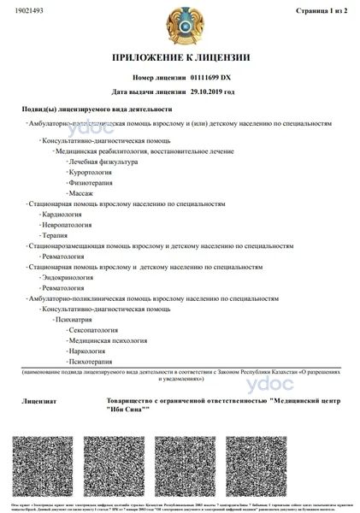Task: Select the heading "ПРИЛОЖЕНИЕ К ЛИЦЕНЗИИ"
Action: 180,58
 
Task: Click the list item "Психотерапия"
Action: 91,362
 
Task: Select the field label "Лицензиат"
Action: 38,399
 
